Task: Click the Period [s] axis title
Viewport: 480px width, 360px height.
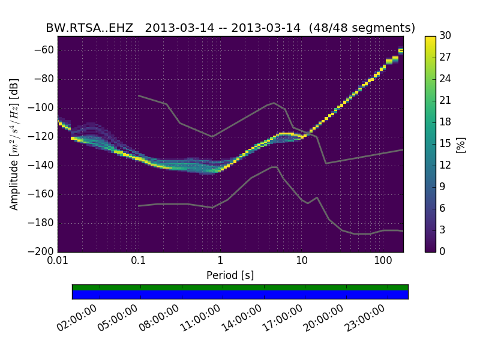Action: click(230, 275)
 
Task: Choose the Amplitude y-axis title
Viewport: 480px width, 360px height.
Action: click(14, 144)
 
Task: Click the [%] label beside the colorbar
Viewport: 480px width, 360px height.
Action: click(461, 144)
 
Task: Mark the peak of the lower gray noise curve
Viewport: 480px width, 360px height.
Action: click(274, 167)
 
